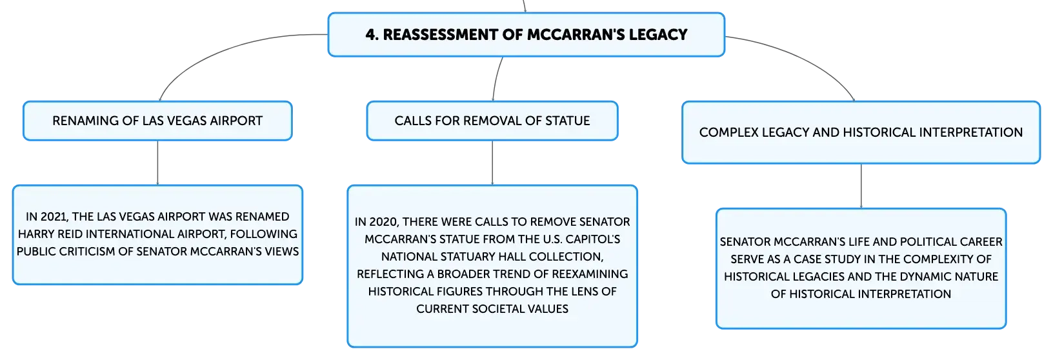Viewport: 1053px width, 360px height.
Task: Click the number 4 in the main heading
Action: click(x=371, y=35)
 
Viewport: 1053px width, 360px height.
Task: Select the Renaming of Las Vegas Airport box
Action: click(x=157, y=121)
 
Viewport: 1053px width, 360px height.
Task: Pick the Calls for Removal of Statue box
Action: click(x=492, y=121)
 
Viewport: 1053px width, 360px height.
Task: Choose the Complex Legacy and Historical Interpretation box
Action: click(x=861, y=132)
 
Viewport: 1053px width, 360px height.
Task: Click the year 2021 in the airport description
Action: click(x=55, y=217)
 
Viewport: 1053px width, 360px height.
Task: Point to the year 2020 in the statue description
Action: click(x=384, y=222)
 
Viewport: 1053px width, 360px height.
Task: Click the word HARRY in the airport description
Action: click(x=35, y=234)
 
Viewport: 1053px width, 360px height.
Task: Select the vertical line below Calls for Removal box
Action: click(x=492, y=163)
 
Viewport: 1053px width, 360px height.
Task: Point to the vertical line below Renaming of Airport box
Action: click(x=157, y=163)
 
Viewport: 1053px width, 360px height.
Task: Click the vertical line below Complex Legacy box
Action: click(x=861, y=186)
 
